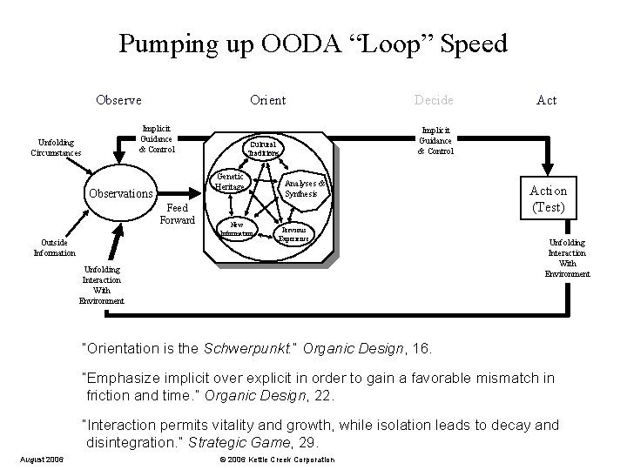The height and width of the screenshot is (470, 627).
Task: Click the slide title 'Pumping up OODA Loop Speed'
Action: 313,44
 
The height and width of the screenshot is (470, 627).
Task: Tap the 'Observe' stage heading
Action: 118,100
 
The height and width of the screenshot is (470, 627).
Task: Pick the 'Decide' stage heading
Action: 435,100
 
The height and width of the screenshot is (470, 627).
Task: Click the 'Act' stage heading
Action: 546,100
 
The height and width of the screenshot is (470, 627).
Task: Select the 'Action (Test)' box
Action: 548,198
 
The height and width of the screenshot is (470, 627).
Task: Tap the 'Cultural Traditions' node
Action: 262,149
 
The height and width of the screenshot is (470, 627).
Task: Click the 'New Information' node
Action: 236,230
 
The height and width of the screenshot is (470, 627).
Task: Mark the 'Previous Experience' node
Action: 293,233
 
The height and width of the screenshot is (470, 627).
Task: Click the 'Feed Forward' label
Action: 177,214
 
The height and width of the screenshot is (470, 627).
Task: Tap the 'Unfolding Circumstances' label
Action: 54,147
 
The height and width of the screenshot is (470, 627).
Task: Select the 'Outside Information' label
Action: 54,248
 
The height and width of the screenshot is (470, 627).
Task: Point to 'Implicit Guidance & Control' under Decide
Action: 435,138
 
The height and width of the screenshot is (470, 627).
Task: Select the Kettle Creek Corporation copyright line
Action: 276,459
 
